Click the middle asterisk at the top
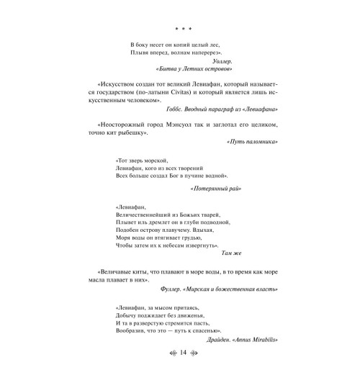click(x=181, y=31)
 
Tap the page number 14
click(x=181, y=372)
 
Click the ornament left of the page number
click(x=165, y=372)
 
